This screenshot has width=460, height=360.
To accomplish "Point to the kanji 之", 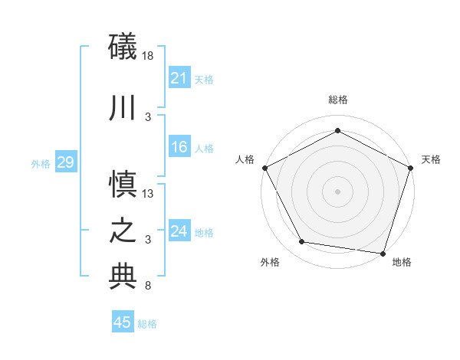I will pos(123,231).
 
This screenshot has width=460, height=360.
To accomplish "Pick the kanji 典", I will pos(123,277).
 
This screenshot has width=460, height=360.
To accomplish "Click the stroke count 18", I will pos(148,56).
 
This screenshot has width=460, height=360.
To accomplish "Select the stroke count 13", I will pos(148,194).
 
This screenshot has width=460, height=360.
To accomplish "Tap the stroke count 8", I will pos(146,286).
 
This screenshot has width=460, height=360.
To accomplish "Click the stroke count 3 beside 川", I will pos(148,116).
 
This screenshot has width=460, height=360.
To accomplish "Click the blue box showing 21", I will pos(179,78).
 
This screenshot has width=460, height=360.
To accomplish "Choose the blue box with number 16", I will pos(179,148).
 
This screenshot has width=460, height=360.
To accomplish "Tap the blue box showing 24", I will pos(179,231).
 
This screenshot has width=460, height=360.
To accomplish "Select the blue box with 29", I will pos(65,162).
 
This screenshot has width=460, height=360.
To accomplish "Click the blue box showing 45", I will pos(123,322).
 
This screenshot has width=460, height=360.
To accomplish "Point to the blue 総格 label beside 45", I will pos(147,324).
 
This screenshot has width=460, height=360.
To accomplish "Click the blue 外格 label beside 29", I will pos(41,163).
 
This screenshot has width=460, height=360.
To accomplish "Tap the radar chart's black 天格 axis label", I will pos(431,159).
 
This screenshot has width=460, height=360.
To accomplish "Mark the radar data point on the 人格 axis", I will pos(265,168).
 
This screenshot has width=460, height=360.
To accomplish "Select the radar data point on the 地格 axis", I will pos(383,253).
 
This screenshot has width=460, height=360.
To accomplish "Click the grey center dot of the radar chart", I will pos(337,191).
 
